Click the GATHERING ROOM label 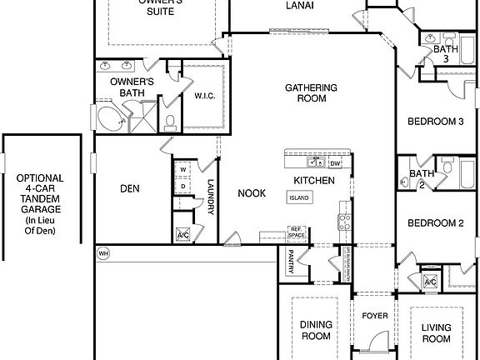(311, 92)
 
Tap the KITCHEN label (313, 180)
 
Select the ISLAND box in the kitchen (299, 198)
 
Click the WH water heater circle (103, 253)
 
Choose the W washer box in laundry (182, 170)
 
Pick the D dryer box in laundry (182, 186)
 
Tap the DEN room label (129, 188)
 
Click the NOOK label (252, 193)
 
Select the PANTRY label (292, 261)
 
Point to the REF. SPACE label (296, 232)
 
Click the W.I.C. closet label (205, 95)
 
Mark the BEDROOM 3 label (435, 122)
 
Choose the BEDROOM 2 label (435, 223)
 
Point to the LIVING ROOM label (436, 333)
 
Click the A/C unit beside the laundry (183, 235)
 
